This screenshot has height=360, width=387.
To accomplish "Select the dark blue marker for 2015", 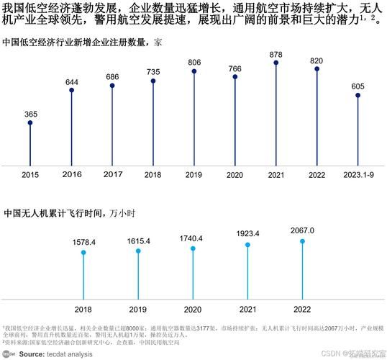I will click(x=30, y=123).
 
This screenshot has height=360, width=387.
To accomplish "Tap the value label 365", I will click(x=30, y=114).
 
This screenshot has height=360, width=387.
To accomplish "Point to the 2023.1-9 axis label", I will click(x=358, y=175).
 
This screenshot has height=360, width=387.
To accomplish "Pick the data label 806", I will click(x=194, y=63).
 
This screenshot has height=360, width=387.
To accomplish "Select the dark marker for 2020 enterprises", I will click(x=235, y=77).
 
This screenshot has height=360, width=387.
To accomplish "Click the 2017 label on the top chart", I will click(x=112, y=175).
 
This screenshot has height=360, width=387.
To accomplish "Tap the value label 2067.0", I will click(x=302, y=230).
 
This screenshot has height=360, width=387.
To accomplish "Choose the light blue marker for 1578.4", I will click(x=84, y=253).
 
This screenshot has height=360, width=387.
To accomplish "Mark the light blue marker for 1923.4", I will click(x=248, y=245).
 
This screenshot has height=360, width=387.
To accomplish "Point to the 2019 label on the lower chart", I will click(x=139, y=309).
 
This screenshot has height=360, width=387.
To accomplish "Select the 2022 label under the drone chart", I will click(x=302, y=309).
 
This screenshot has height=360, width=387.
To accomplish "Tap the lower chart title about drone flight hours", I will click(x=69, y=213).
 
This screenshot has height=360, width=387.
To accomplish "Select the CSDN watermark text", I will click(x=330, y=354).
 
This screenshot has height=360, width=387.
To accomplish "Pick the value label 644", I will click(x=71, y=82).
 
